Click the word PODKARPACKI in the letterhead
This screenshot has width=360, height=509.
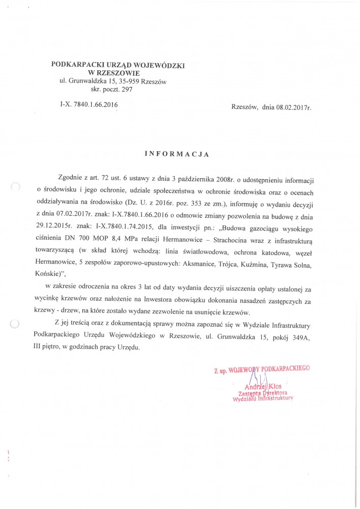75,65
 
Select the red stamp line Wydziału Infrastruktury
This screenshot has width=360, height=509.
263,400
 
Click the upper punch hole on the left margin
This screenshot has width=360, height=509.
15,188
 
